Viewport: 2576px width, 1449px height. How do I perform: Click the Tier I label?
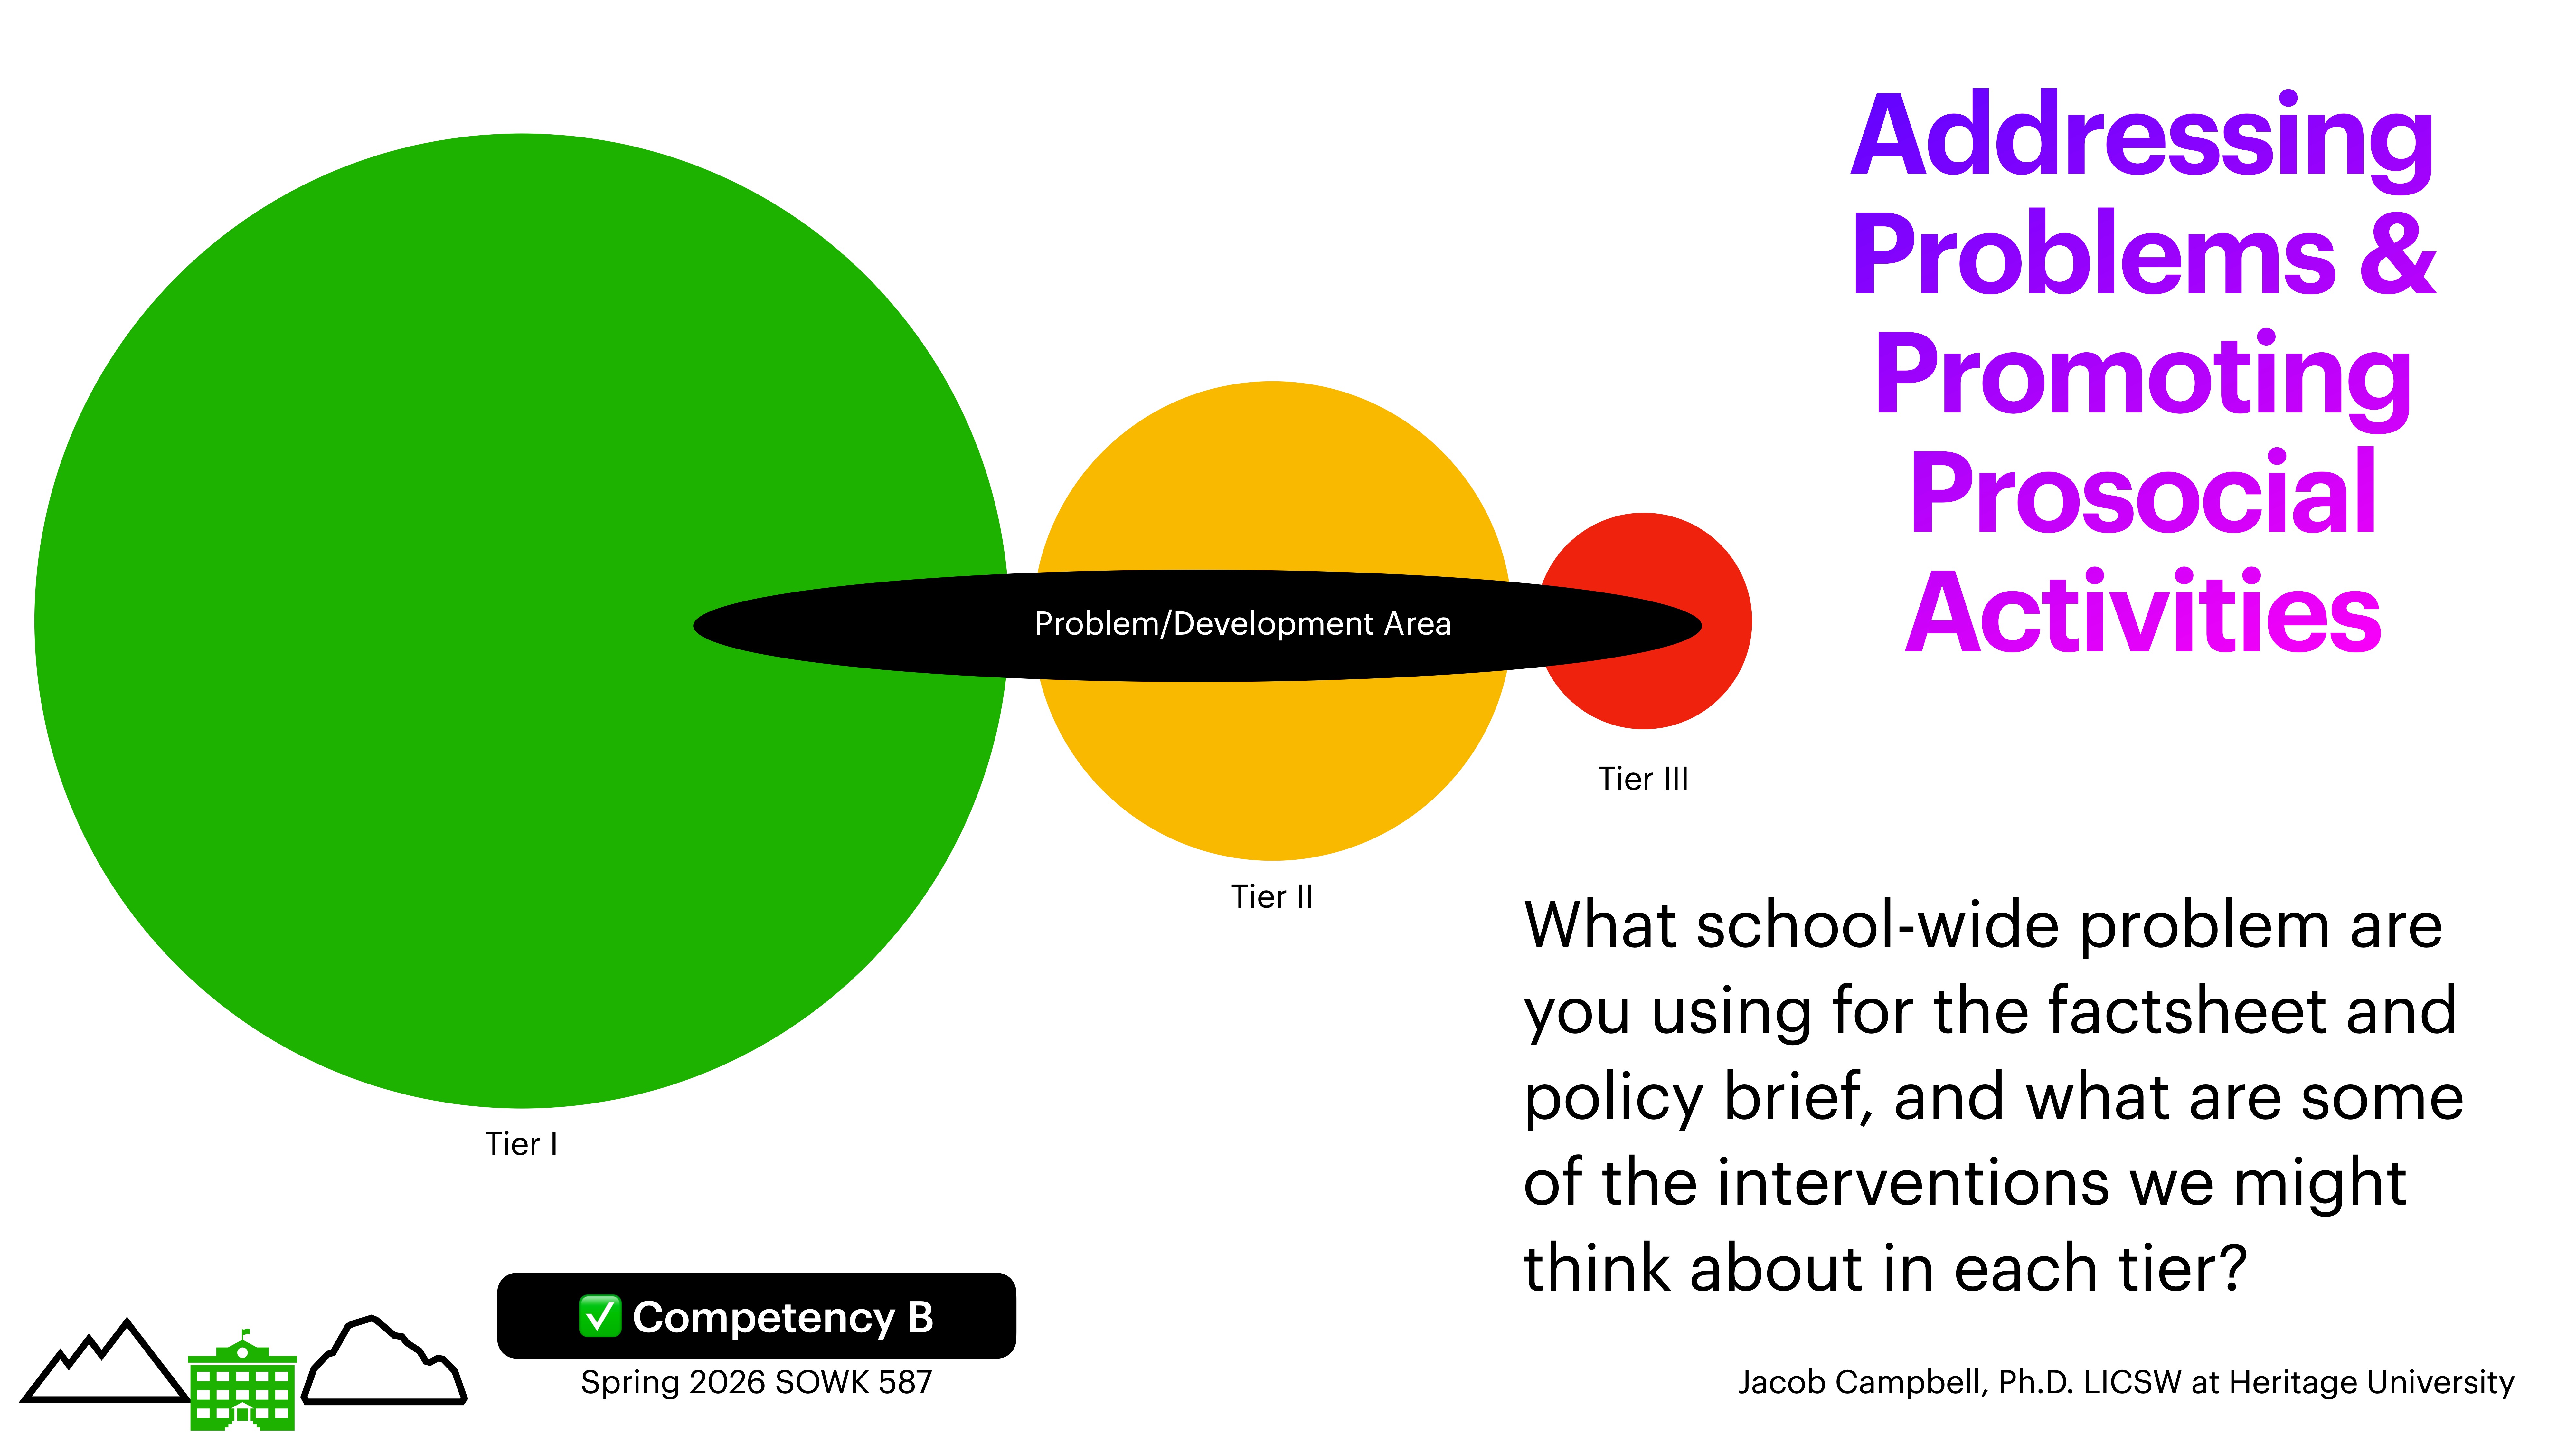[x=521, y=1144]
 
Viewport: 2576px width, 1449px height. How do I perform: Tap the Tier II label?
[x=1271, y=897]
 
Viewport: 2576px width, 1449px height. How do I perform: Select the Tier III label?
[x=1643, y=779]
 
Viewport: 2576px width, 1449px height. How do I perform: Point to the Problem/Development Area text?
[x=1242, y=624]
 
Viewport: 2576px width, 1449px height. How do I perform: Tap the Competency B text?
[x=783, y=1318]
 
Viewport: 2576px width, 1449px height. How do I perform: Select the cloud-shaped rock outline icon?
[x=385, y=1362]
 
